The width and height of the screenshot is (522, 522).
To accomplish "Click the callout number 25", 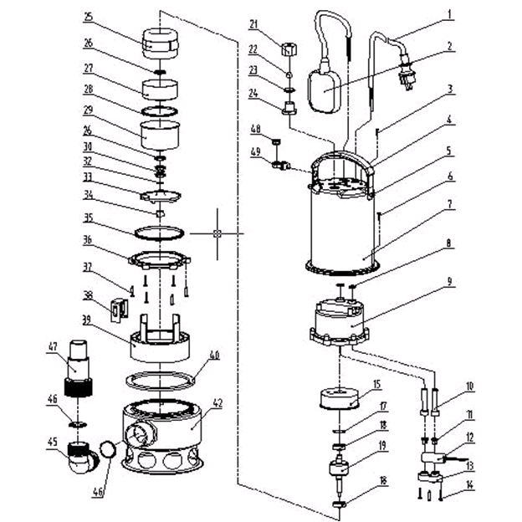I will pyautogui.click(x=89, y=16).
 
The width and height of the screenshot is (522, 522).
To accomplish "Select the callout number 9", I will pyautogui.click(x=449, y=282).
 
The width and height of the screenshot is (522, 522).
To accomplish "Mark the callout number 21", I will pyautogui.click(x=254, y=23).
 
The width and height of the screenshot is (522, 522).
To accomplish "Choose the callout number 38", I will pyautogui.click(x=89, y=294).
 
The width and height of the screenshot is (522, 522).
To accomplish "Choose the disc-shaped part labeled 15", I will pyautogui.click(x=340, y=395).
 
